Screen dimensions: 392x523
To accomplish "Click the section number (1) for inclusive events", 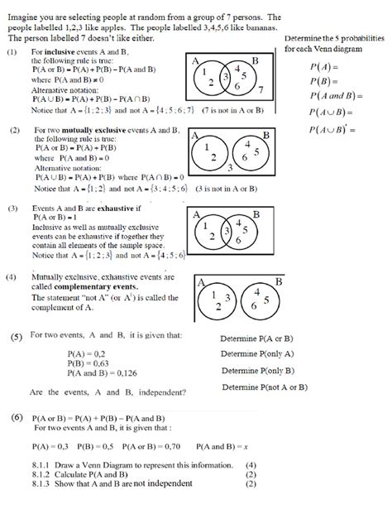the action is click(12, 52).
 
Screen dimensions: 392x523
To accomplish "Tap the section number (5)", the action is click(17, 338).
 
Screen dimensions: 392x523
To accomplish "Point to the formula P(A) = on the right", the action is click(320, 67).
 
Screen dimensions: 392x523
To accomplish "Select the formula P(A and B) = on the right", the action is click(332, 97).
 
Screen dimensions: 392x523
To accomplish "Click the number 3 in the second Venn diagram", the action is click(229, 166).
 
